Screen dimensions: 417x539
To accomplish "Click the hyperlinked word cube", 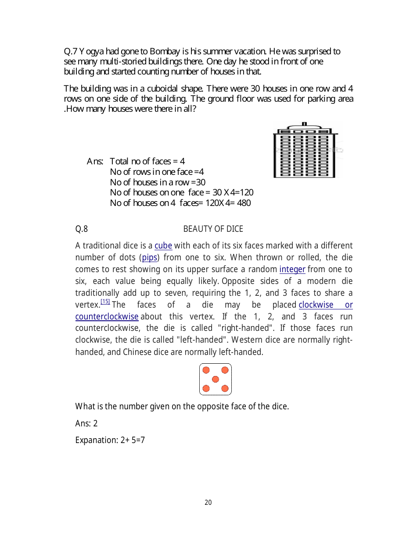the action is (x=163, y=246).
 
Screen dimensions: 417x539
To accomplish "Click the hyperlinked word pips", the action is (x=150, y=258).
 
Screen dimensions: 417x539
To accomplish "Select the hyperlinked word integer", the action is (x=292, y=269).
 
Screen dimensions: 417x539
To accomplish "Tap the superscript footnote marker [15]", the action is (x=105, y=301).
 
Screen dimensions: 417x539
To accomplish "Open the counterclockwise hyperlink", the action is (x=107, y=317).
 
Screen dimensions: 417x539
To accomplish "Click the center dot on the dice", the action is (x=215, y=379).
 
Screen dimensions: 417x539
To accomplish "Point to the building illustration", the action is (x=305, y=151).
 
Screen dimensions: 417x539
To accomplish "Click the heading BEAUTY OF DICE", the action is (x=213, y=229).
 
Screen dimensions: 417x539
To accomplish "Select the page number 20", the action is (x=208, y=503).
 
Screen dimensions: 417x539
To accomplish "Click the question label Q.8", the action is (x=82, y=229).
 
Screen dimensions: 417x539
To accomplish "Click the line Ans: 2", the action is (x=86, y=423).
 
